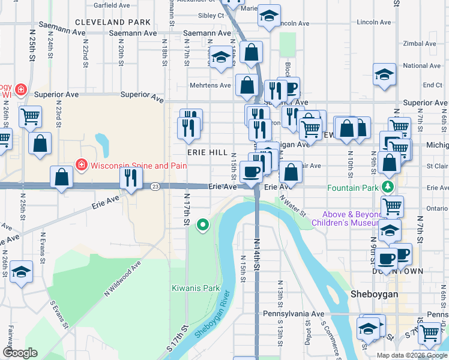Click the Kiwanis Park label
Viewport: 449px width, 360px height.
[196, 288]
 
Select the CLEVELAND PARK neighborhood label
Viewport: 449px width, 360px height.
[113, 22]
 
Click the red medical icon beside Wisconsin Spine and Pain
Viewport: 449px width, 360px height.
[80, 164]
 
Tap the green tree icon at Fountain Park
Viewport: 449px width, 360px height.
[388, 187]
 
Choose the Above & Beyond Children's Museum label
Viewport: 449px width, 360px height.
[352, 219]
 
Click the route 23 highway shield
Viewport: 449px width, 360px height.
[155, 187]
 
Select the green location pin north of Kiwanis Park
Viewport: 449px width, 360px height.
[203, 225]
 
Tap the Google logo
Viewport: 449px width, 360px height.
[20, 353]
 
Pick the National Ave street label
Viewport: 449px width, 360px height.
[422, 66]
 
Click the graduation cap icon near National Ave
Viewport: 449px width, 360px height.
[384, 74]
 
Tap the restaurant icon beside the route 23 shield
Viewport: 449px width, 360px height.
[131, 178]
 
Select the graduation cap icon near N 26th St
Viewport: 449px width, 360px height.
[21, 271]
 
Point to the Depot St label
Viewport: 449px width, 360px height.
[307, 337]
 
